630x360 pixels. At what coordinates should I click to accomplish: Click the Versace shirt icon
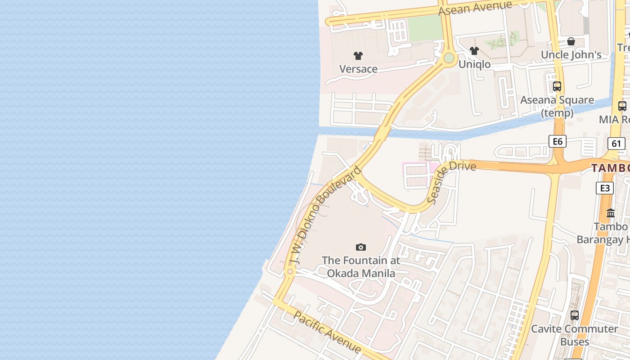click(x=358, y=56)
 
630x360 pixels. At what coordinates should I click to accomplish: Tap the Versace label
click(x=358, y=69)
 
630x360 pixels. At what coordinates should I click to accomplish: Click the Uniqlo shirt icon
click(x=474, y=51)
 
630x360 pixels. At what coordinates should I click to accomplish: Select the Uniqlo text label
click(x=474, y=64)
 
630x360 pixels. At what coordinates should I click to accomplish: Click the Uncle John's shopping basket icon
click(x=571, y=41)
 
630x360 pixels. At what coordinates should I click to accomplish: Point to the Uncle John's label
click(x=571, y=55)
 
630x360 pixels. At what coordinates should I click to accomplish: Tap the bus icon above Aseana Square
click(x=557, y=86)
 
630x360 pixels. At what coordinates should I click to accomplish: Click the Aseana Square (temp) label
click(x=557, y=106)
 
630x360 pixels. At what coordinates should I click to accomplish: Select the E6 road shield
click(x=558, y=142)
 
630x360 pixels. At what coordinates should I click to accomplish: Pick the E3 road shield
click(x=604, y=188)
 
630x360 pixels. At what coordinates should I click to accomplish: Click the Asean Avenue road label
click(x=475, y=8)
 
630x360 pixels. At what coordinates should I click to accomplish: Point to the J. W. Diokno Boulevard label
click(x=325, y=216)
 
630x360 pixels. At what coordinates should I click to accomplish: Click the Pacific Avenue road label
click(x=327, y=332)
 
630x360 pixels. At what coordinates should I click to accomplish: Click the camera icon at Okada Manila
click(x=360, y=247)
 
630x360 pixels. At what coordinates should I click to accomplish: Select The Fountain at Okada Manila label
click(x=361, y=267)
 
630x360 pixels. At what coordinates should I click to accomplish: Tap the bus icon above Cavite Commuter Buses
click(x=575, y=315)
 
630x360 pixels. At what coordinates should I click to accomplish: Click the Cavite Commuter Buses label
click(x=575, y=335)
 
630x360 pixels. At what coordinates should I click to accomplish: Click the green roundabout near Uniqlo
click(x=449, y=58)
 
